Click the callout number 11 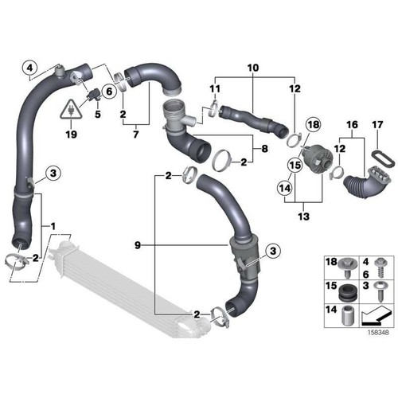tap(214, 88)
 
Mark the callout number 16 tap(352, 124)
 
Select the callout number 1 tap(53, 228)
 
